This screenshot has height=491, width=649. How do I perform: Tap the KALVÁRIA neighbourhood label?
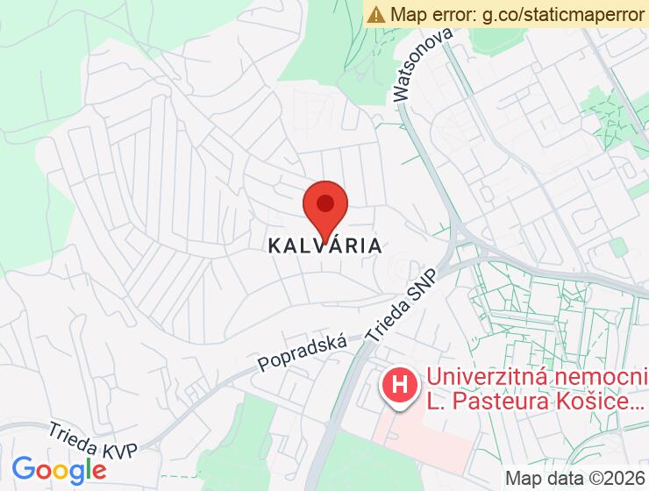click(325, 246)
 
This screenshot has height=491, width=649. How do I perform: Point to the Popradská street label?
click(302, 352)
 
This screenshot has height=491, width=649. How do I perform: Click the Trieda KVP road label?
click(93, 439)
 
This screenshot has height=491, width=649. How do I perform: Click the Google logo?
click(59, 470)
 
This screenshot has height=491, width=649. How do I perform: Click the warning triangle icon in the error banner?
click(376, 14)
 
